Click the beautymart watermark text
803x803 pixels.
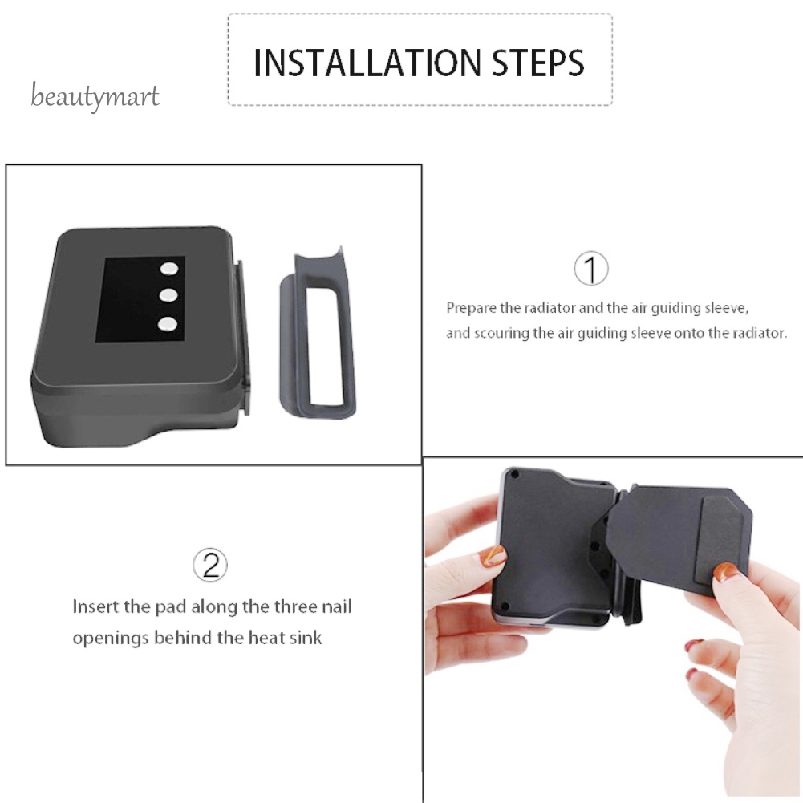pos(95,98)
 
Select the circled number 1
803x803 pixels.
pos(591,270)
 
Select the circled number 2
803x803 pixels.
pos(210,566)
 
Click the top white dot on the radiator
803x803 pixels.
pos(168,269)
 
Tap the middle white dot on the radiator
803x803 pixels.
pos(168,296)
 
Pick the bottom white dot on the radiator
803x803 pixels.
pos(168,323)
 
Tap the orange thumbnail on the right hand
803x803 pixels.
pos(726,572)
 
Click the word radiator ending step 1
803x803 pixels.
pos(760,333)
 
